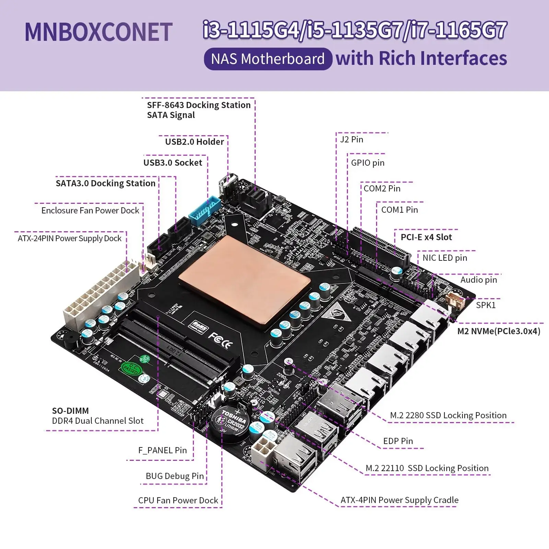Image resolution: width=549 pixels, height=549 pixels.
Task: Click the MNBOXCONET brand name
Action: (98, 32)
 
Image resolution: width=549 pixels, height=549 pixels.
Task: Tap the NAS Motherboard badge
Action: (268, 59)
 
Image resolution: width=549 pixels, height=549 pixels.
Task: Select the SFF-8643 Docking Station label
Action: (199, 105)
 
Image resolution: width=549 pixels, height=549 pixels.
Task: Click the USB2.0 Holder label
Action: (194, 142)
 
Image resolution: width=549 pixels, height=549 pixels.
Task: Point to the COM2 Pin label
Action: (382, 188)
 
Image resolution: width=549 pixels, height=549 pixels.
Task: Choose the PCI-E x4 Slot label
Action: (426, 237)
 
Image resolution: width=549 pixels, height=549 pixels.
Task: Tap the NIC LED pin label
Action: (445, 258)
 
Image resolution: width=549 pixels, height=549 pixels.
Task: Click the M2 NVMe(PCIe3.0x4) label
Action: (499, 331)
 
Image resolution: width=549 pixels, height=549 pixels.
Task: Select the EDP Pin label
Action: (398, 441)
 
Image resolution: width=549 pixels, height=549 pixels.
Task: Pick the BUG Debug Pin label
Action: (175, 476)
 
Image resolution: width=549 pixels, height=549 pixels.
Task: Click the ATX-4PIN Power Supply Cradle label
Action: (399, 500)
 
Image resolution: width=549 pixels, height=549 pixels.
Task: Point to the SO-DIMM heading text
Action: (70, 411)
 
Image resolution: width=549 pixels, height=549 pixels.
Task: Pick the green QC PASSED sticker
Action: (130, 369)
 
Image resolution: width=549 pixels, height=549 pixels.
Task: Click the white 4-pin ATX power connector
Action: (262, 449)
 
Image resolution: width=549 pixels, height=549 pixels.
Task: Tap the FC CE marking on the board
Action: (220, 340)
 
